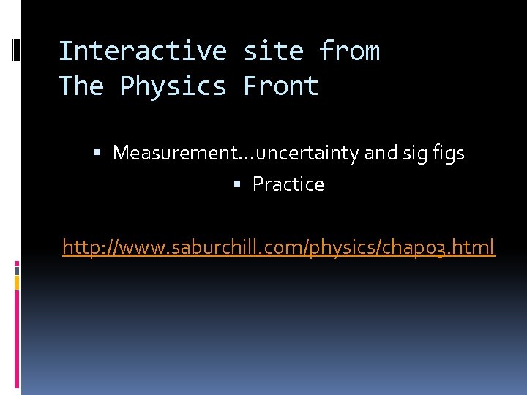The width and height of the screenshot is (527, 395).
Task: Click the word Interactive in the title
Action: coord(143,51)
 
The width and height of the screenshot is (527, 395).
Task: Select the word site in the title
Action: coord(273,51)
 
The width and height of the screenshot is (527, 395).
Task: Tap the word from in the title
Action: coord(349,51)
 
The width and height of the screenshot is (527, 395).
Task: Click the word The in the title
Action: coord(81,86)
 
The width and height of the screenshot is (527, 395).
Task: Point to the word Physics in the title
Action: coord(173,86)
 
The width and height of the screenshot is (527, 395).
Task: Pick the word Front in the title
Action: coord(281,86)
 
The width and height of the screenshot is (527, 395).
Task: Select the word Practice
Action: coord(288,184)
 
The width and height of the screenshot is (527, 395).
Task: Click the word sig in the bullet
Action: coord(415,154)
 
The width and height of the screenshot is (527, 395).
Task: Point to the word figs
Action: coord(448,154)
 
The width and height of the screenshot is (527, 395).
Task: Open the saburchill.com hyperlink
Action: coord(278,247)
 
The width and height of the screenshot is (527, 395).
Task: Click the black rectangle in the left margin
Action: coord(17,49)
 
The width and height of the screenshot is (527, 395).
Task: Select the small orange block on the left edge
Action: coord(17,280)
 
